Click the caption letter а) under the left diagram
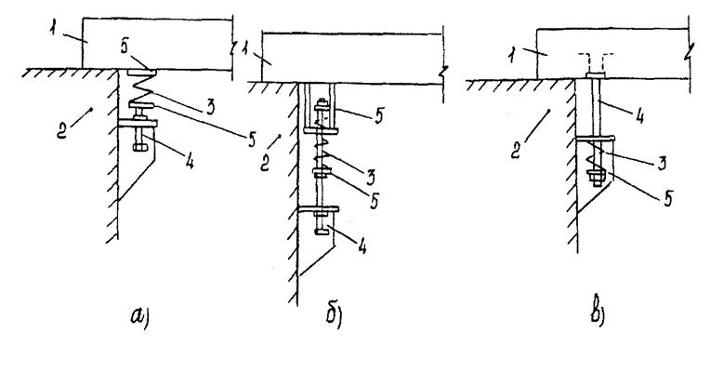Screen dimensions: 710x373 (x=140, y=316)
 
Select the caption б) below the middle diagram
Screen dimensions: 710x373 (x=334, y=315)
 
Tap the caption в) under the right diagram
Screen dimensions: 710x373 (x=598, y=313)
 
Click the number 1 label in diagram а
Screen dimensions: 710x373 (x=53, y=30)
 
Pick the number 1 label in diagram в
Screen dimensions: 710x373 (x=511, y=56)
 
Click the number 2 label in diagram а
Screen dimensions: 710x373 (x=62, y=131)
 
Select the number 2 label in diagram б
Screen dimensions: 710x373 (x=266, y=163)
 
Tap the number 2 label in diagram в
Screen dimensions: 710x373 (x=516, y=152)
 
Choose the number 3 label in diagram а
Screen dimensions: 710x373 (x=210, y=107)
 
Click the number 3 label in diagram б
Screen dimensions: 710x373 (x=371, y=178)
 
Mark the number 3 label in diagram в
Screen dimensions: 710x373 (x=662, y=162)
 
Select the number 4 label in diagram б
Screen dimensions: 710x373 (x=362, y=246)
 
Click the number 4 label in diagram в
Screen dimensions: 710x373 (x=639, y=116)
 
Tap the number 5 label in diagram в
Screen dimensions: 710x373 (x=668, y=199)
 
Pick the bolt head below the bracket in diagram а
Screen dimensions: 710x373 (x=139, y=147)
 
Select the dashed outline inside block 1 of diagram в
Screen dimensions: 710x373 (x=596, y=61)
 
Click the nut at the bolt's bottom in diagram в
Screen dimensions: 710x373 (x=596, y=176)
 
